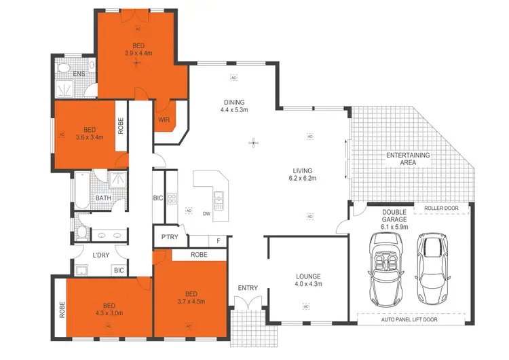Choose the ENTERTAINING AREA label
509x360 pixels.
tap(408, 159)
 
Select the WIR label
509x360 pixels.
tap(164, 120)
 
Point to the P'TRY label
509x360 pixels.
tap(168, 237)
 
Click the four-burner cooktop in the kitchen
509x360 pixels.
tap(172, 199)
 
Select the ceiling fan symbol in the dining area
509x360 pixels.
tap(253, 143)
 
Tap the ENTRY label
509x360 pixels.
tap(248, 288)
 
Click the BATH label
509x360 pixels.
tap(103, 198)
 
